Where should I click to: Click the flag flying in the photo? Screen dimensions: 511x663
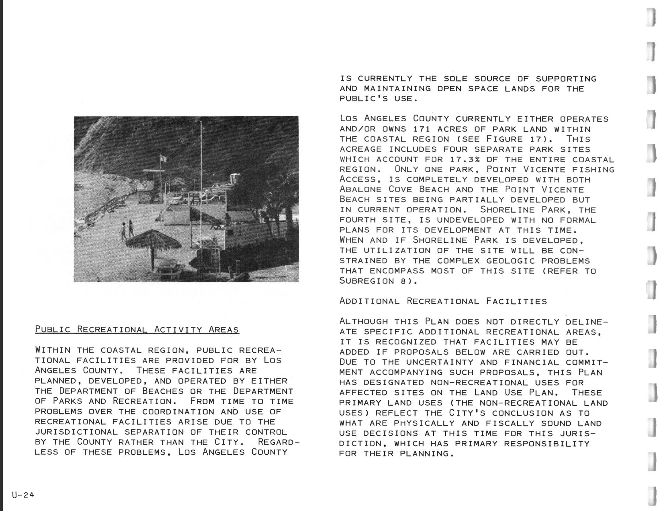[163, 158]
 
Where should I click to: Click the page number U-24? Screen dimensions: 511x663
[23, 495]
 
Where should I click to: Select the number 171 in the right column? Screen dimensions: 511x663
[421, 129]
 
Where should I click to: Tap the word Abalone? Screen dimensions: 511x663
[360, 190]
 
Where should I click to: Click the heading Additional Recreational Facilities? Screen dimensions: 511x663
[443, 301]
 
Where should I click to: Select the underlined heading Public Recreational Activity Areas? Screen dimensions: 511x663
[137, 330]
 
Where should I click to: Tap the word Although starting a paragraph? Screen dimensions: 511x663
[363, 321]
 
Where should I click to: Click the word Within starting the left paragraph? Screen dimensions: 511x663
[52, 350]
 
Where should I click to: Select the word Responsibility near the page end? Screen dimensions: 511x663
[546, 444]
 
